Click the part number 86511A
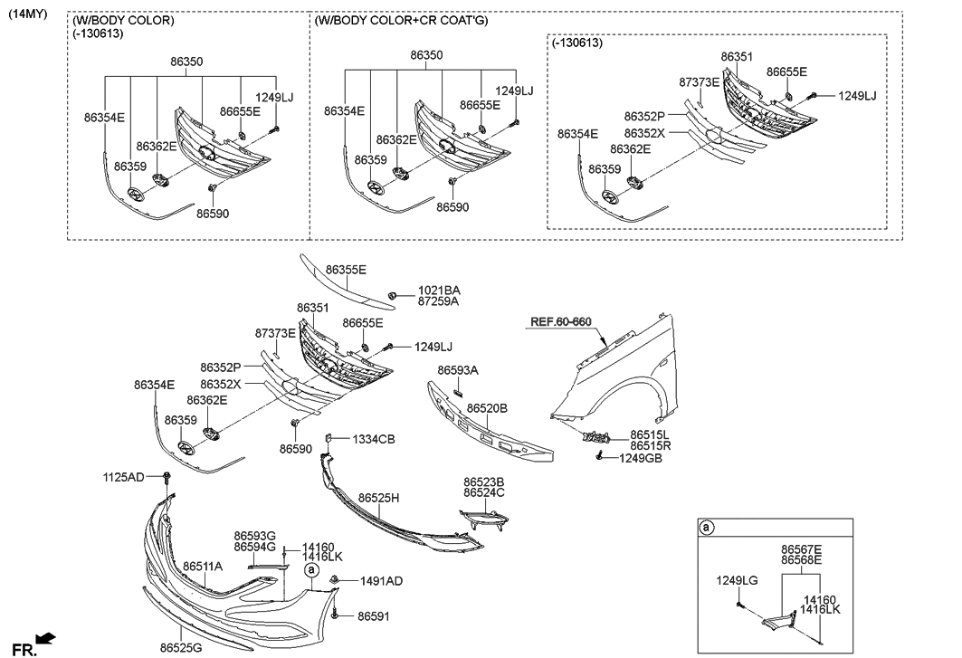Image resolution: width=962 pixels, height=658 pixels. [x=202, y=567]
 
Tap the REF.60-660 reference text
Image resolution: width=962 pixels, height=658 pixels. [x=560, y=321]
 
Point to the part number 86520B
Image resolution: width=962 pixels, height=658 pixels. [x=487, y=409]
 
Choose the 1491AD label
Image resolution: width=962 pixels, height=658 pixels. [x=381, y=581]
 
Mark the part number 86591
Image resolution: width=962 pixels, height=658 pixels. [x=373, y=615]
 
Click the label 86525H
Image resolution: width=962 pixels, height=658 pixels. [x=378, y=498]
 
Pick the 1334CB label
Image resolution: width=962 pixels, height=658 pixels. [x=374, y=439]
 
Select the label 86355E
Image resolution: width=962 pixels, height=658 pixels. [x=346, y=270]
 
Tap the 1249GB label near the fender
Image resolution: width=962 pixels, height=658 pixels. [x=641, y=459]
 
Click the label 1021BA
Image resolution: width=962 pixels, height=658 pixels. [x=438, y=291]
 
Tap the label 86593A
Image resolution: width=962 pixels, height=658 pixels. [x=458, y=370]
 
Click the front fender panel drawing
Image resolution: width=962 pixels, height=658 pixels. [x=624, y=371]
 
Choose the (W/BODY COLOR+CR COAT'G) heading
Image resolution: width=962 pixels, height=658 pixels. [x=401, y=20]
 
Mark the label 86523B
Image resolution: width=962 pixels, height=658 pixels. [x=483, y=482]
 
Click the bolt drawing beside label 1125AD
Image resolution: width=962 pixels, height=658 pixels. [x=167, y=478]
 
